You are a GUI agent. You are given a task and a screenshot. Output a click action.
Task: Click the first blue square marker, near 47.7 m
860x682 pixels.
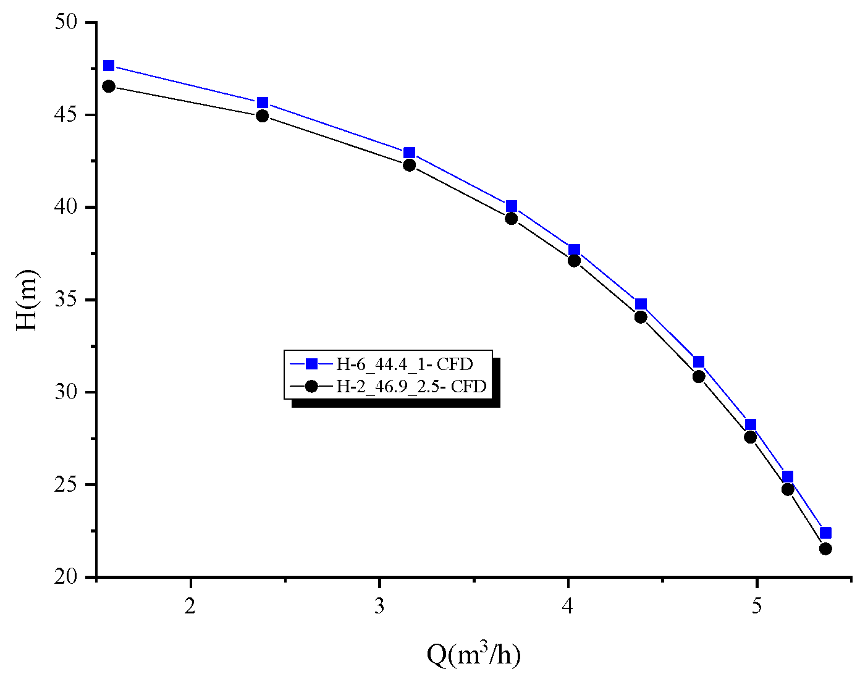pos(109,65)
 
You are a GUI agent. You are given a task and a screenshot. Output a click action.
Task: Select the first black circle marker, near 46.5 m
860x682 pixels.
pos(109,86)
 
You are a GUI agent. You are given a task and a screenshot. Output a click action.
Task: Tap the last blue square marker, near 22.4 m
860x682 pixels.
pos(825,533)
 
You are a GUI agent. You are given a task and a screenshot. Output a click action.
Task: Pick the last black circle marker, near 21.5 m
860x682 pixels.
pos(825,549)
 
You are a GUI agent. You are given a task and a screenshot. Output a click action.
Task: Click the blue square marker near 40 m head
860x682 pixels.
pos(511,206)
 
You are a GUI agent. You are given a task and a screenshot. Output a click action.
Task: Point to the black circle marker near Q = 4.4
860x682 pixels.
pos(641,317)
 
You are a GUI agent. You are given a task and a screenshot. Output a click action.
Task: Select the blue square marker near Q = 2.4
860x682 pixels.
pos(263,103)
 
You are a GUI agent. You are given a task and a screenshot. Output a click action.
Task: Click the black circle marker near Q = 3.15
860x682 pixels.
pos(409,165)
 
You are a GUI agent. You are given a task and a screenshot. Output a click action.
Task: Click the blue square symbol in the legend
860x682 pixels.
pos(311,364)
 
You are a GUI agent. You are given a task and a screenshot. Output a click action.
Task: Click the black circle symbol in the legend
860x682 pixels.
pos(311,387)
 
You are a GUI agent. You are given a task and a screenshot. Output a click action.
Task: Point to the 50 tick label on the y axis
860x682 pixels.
pos(67,22)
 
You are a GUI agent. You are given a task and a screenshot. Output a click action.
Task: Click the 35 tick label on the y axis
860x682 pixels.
pos(67,300)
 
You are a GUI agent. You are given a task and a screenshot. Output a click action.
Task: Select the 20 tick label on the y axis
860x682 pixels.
pos(67,578)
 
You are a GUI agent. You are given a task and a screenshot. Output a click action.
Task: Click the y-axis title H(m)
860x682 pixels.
pos(27,300)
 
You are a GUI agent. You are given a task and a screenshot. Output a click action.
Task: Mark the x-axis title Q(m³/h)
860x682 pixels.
pos(473,655)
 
